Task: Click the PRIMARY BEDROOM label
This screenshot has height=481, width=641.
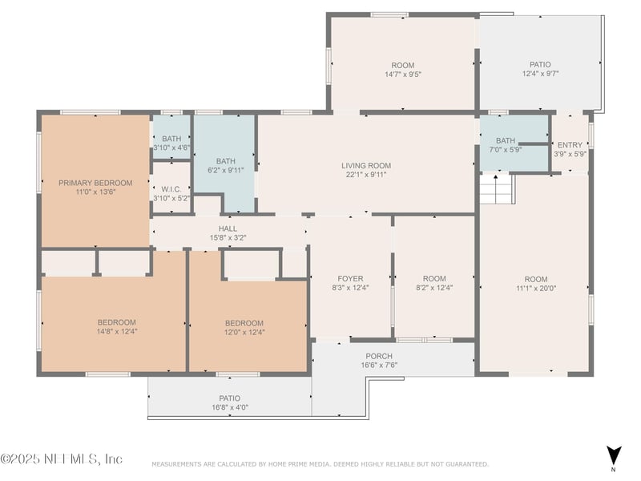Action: coord(95,183)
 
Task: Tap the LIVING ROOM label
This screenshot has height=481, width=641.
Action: coord(366,166)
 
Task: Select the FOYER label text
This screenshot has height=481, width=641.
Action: coord(350,278)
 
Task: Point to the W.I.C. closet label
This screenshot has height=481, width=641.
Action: coord(171,189)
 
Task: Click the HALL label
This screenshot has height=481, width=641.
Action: coord(228,228)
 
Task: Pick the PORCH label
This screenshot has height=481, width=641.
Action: coord(379,356)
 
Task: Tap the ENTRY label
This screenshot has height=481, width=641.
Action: coord(570,145)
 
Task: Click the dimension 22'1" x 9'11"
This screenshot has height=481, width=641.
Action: coord(366,175)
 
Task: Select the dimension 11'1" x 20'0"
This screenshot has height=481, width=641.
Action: coord(536,289)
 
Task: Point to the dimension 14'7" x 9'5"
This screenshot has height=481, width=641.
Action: coord(403,75)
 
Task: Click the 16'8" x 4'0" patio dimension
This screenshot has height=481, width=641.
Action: coord(230,407)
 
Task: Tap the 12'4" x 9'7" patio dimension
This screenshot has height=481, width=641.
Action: coord(540,74)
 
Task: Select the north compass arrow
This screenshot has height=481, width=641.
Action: coord(614,456)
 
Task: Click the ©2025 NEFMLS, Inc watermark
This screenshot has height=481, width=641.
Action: coord(62,459)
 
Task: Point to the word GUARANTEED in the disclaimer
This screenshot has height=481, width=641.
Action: coord(466,464)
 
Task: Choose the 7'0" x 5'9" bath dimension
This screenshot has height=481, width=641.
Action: coord(506,150)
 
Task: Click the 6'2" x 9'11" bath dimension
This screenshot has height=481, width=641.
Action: coord(226,170)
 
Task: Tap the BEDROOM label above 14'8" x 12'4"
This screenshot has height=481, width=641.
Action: coord(116,322)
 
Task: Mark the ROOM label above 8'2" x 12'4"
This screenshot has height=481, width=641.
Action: coord(434,278)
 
